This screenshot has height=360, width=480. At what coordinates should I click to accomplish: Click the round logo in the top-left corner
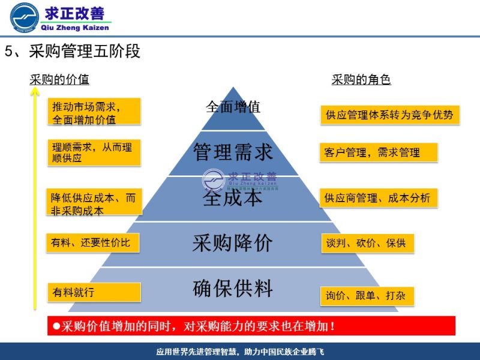coord(25,17)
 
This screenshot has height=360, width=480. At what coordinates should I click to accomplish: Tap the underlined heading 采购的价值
coord(59,80)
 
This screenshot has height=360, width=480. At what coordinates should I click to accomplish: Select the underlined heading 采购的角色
coord(361,80)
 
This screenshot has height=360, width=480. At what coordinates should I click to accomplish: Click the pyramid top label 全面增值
coord(233,107)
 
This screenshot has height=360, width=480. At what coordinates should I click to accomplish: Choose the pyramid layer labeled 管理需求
coord(233,152)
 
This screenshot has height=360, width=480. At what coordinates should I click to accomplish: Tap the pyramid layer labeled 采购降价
coord(233,243)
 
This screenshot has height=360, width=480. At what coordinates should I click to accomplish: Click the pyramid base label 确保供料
coord(233,289)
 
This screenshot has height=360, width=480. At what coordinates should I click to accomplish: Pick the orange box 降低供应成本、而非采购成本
coord(95,203)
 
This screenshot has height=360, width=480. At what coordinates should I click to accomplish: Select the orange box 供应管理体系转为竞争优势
coord(389,115)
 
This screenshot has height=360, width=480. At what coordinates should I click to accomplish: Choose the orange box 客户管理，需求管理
coord(378,152)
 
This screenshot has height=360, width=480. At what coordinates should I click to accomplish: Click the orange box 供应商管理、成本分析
coord(378,198)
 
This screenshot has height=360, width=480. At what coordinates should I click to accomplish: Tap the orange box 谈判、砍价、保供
coord(367,243)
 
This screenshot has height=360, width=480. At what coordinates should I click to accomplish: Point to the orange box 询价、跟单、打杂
coord(367,296)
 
